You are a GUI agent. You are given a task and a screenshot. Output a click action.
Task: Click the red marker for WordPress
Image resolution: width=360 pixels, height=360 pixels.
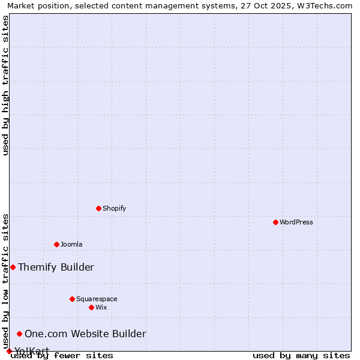[x=275, y=222]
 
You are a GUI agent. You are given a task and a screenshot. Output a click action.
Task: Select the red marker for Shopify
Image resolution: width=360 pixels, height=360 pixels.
[x=98, y=208]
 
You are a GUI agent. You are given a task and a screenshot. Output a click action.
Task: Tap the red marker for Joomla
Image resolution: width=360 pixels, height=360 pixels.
[x=56, y=244]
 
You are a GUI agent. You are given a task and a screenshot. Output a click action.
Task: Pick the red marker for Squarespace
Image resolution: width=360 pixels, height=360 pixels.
[x=72, y=299]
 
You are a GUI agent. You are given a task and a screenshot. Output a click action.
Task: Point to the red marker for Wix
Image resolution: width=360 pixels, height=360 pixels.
[x=91, y=307]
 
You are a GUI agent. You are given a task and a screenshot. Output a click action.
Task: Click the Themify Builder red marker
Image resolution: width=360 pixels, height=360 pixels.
[x=13, y=267]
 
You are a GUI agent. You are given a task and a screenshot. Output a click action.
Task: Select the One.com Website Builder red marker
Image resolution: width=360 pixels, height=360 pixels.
[x=19, y=334]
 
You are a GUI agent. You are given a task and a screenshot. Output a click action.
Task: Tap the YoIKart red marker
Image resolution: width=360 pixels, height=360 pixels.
[x=9, y=351]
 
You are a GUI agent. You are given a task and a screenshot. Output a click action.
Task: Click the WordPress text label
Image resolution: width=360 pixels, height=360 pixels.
[x=296, y=222]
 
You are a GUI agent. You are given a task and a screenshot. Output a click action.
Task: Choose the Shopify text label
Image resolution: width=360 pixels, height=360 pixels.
[x=115, y=208]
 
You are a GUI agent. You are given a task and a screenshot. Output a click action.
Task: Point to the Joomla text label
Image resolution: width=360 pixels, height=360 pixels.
[x=71, y=244]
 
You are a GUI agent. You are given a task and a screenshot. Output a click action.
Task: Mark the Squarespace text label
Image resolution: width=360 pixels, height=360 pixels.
[x=97, y=299]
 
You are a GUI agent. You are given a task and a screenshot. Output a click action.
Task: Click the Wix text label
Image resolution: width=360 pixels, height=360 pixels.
[x=101, y=307]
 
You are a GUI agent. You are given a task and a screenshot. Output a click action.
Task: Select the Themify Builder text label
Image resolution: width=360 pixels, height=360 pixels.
[x=56, y=267]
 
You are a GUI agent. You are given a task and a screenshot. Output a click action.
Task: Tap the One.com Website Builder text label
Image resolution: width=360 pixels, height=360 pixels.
[x=85, y=334]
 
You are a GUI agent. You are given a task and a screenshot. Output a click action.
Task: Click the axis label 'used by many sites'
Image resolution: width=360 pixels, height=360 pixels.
[x=301, y=356]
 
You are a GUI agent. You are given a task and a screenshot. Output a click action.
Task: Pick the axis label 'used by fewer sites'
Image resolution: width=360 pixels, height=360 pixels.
[x=62, y=356]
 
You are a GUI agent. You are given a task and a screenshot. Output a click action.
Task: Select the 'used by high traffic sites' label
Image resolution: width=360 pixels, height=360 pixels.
[x=5, y=85]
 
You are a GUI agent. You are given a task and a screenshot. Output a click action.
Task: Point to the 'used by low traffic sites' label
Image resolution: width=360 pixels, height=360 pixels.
[x=5, y=281]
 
